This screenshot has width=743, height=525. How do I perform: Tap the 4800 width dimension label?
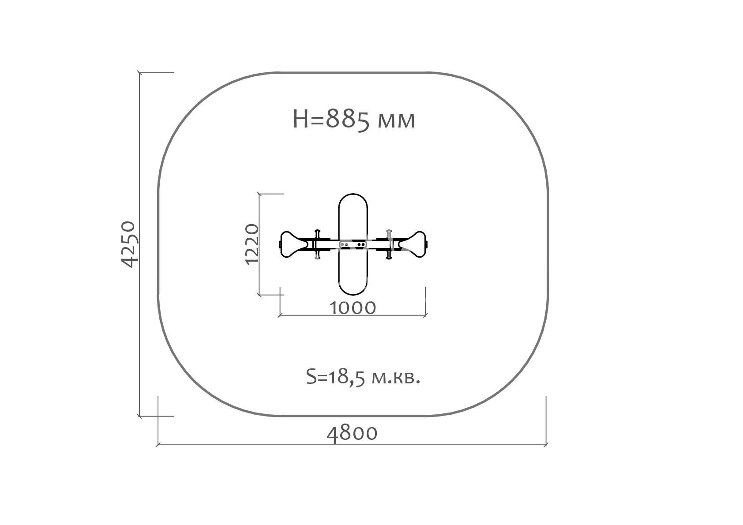pyautogui.click(x=352, y=434)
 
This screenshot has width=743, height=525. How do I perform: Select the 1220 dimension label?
pyautogui.click(x=252, y=244)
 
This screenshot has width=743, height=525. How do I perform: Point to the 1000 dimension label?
pyautogui.click(x=353, y=308)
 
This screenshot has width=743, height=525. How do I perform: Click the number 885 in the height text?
pyautogui.click(x=347, y=120)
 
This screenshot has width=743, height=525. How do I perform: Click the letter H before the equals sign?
pyautogui.click(x=301, y=120)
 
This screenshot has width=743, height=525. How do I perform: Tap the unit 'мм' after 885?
pyautogui.click(x=396, y=121)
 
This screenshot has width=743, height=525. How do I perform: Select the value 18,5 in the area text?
pyautogui.click(x=347, y=378)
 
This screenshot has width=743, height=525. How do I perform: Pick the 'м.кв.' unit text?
pyautogui.click(x=396, y=379)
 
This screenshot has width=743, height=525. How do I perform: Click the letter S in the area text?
pyautogui.click(x=311, y=377)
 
